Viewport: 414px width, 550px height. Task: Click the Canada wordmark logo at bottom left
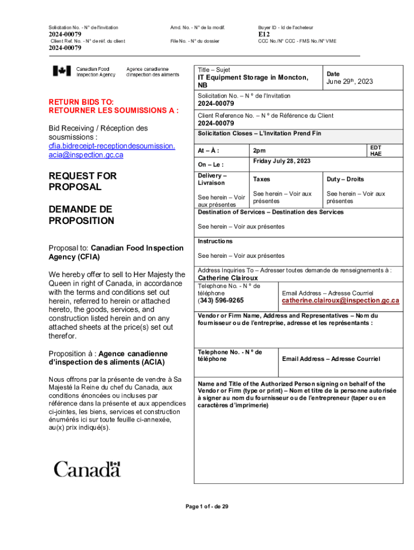pos(87,469)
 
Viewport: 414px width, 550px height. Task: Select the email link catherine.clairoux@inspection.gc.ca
pos(340,301)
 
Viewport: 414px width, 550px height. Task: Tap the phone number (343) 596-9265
pos(220,301)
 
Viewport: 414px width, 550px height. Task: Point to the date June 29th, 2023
pos(349,82)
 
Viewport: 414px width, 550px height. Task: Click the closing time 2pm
pos(259,151)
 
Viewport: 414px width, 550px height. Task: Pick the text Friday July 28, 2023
pos(281,161)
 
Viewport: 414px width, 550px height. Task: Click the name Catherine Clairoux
pos(228,278)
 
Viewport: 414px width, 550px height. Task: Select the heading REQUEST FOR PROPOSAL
pos(82,182)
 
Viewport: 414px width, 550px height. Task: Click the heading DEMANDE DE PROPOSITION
pos(81,215)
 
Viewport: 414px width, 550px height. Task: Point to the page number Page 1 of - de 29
pos(207,506)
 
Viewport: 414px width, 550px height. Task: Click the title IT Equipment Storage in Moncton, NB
pos(253,81)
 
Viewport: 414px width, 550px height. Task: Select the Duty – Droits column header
pos(345,179)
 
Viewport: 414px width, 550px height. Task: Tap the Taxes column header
pos(262,179)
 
